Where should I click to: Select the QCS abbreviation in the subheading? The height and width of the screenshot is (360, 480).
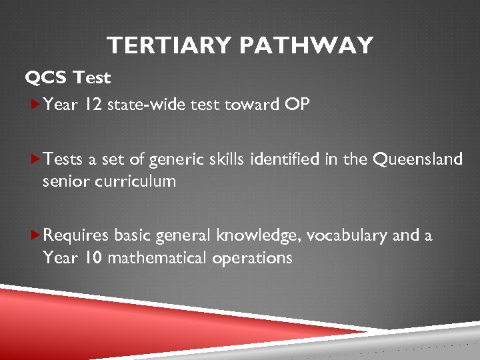click(47, 78)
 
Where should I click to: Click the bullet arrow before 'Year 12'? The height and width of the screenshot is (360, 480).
click(36, 104)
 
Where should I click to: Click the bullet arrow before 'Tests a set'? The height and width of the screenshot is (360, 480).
click(36, 158)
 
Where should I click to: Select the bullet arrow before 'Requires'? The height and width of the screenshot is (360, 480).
click(36, 235)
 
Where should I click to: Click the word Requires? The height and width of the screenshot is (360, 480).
click(77, 235)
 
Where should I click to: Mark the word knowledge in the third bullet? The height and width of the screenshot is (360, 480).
click(248, 235)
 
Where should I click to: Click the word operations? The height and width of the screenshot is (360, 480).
click(252, 258)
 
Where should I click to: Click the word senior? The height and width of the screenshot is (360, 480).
click(62, 181)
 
